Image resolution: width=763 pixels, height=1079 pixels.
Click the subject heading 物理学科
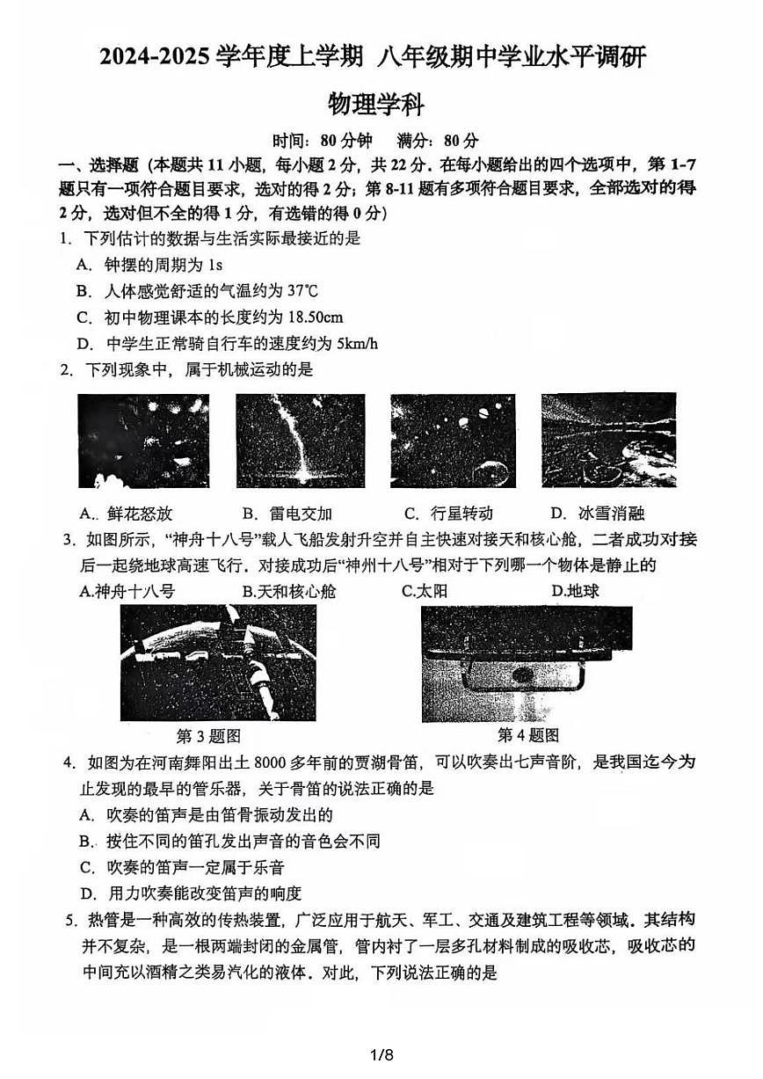375,105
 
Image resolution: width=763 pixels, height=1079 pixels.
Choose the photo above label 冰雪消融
608,440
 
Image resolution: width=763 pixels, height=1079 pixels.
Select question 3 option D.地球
575,591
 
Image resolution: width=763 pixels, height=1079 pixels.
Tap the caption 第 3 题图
208,736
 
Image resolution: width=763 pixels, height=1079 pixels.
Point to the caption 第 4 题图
527,735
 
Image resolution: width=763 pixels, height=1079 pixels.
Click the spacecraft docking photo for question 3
218,663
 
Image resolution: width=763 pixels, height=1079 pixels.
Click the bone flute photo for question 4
527,663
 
